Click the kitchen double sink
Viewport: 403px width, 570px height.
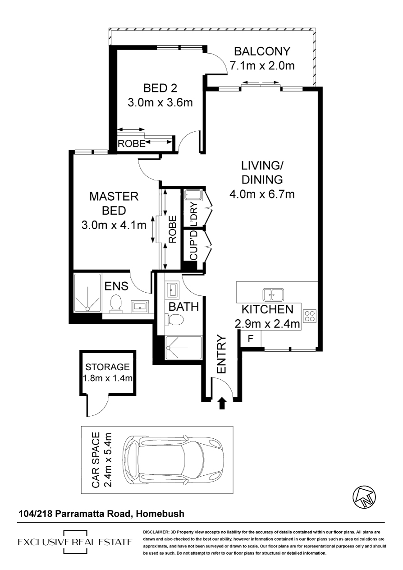coord(274,294)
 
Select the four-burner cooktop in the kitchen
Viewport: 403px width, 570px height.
coord(310,316)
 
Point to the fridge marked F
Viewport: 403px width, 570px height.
coord(251,338)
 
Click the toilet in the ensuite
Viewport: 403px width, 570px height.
coord(116,303)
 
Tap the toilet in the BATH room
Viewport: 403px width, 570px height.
coord(174,319)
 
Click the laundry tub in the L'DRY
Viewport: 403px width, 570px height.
coord(192,195)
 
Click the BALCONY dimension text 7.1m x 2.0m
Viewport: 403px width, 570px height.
coord(262,66)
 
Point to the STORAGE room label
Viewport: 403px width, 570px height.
coord(107,367)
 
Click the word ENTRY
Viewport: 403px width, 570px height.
coord(222,354)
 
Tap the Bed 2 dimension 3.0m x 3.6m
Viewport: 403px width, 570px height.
coord(160,102)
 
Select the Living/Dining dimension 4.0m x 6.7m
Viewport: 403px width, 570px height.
coord(262,194)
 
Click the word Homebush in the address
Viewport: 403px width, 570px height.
coord(160,514)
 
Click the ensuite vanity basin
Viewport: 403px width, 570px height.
coord(139,306)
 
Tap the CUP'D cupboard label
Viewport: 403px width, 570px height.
coord(194,245)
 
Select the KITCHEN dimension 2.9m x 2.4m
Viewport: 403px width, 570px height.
coord(267,324)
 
